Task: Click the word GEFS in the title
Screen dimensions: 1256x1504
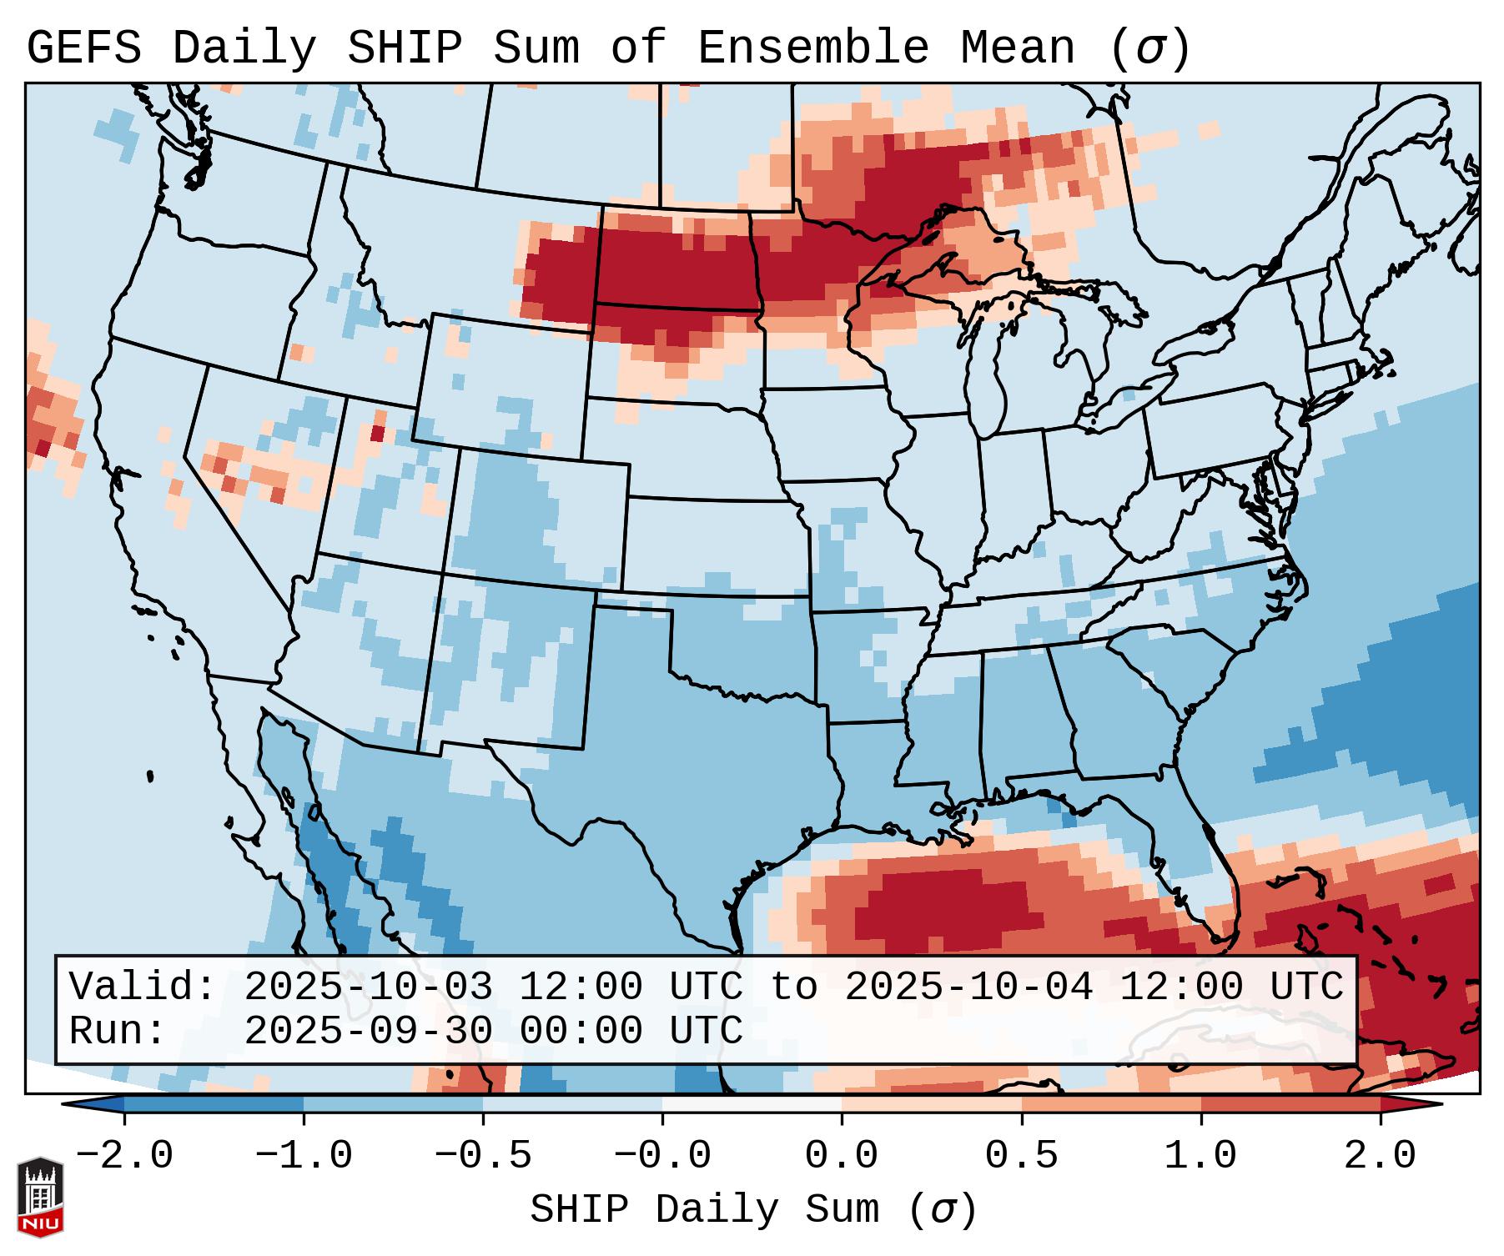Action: (x=84, y=48)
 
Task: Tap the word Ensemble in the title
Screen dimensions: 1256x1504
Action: (x=812, y=48)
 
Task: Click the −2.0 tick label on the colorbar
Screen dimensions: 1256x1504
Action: (x=124, y=1156)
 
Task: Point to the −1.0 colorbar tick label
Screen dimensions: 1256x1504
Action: (x=304, y=1156)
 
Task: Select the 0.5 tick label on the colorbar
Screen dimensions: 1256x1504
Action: (x=1022, y=1156)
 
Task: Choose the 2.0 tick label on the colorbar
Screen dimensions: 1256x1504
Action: (x=1381, y=1156)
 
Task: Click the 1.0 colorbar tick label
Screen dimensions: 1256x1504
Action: (x=1201, y=1156)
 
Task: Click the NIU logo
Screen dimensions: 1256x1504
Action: (x=40, y=1197)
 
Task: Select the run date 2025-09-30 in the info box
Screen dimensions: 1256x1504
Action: (x=368, y=1032)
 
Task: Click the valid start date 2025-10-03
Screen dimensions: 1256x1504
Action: (x=368, y=987)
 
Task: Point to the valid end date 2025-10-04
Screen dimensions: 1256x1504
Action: (x=968, y=987)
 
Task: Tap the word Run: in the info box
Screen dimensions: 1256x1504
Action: (x=117, y=1032)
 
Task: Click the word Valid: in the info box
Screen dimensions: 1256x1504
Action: (x=142, y=987)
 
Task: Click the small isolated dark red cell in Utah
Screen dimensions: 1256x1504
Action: (x=377, y=434)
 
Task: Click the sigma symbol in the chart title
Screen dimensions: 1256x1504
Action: (x=1150, y=48)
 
